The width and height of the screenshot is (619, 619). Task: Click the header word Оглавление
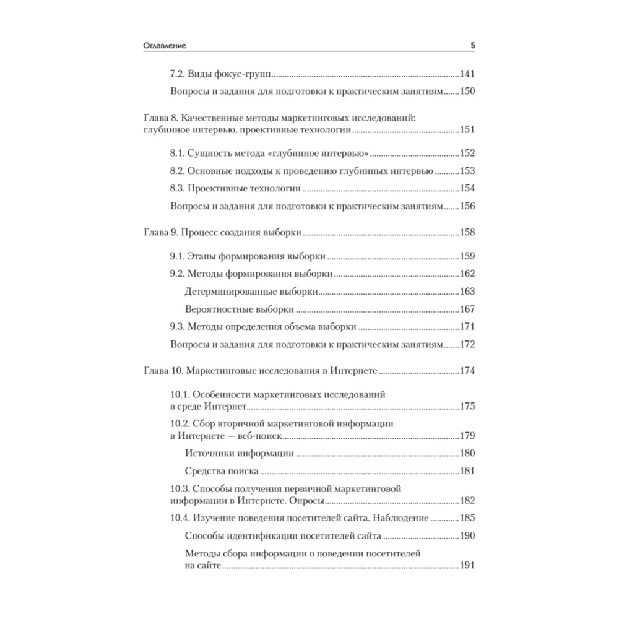pyautogui.click(x=164, y=46)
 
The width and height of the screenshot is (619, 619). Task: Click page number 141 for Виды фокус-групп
pyautogui.click(x=467, y=74)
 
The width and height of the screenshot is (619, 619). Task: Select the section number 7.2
pyautogui.click(x=178, y=74)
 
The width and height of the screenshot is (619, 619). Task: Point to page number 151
pyautogui.click(x=467, y=130)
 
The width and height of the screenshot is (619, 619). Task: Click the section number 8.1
pyautogui.click(x=178, y=154)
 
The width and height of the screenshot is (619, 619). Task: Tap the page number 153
pyautogui.click(x=467, y=171)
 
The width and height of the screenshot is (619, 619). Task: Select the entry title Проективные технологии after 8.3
pyautogui.click(x=245, y=189)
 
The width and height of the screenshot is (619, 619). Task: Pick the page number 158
pyautogui.click(x=467, y=233)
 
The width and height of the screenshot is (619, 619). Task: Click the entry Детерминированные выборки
pyautogui.click(x=252, y=291)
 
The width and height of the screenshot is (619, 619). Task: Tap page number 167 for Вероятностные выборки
pyautogui.click(x=467, y=308)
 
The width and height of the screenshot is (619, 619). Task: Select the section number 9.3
pyautogui.click(x=178, y=326)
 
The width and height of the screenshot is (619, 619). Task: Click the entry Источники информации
pyautogui.click(x=239, y=453)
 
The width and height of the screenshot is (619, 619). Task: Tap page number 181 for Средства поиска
pyautogui.click(x=467, y=471)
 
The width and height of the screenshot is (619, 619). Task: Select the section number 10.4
pyautogui.click(x=180, y=517)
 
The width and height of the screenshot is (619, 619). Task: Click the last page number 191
pyautogui.click(x=467, y=565)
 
